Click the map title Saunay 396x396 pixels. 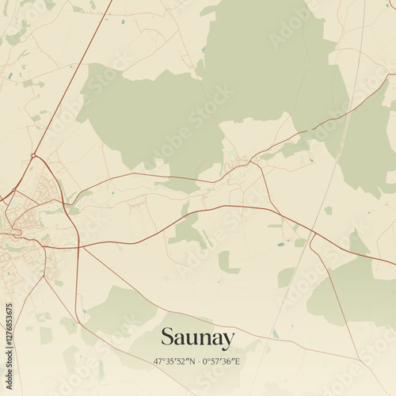198,338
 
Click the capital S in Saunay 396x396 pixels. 168,338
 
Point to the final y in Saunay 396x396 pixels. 228,341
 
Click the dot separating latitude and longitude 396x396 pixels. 198,361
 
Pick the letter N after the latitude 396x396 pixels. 192,361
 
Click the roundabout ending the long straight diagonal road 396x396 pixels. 34,155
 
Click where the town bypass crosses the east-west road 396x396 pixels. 79,246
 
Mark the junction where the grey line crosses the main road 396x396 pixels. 314,234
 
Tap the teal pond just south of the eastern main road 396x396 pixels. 280,245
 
